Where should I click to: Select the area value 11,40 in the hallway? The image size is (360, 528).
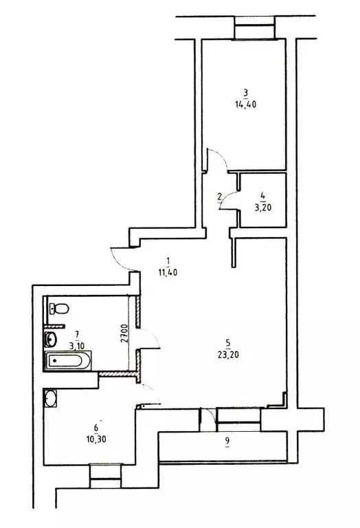pyautogui.click(x=167, y=272)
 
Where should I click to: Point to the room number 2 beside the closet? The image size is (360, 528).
pyautogui.click(x=219, y=197)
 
